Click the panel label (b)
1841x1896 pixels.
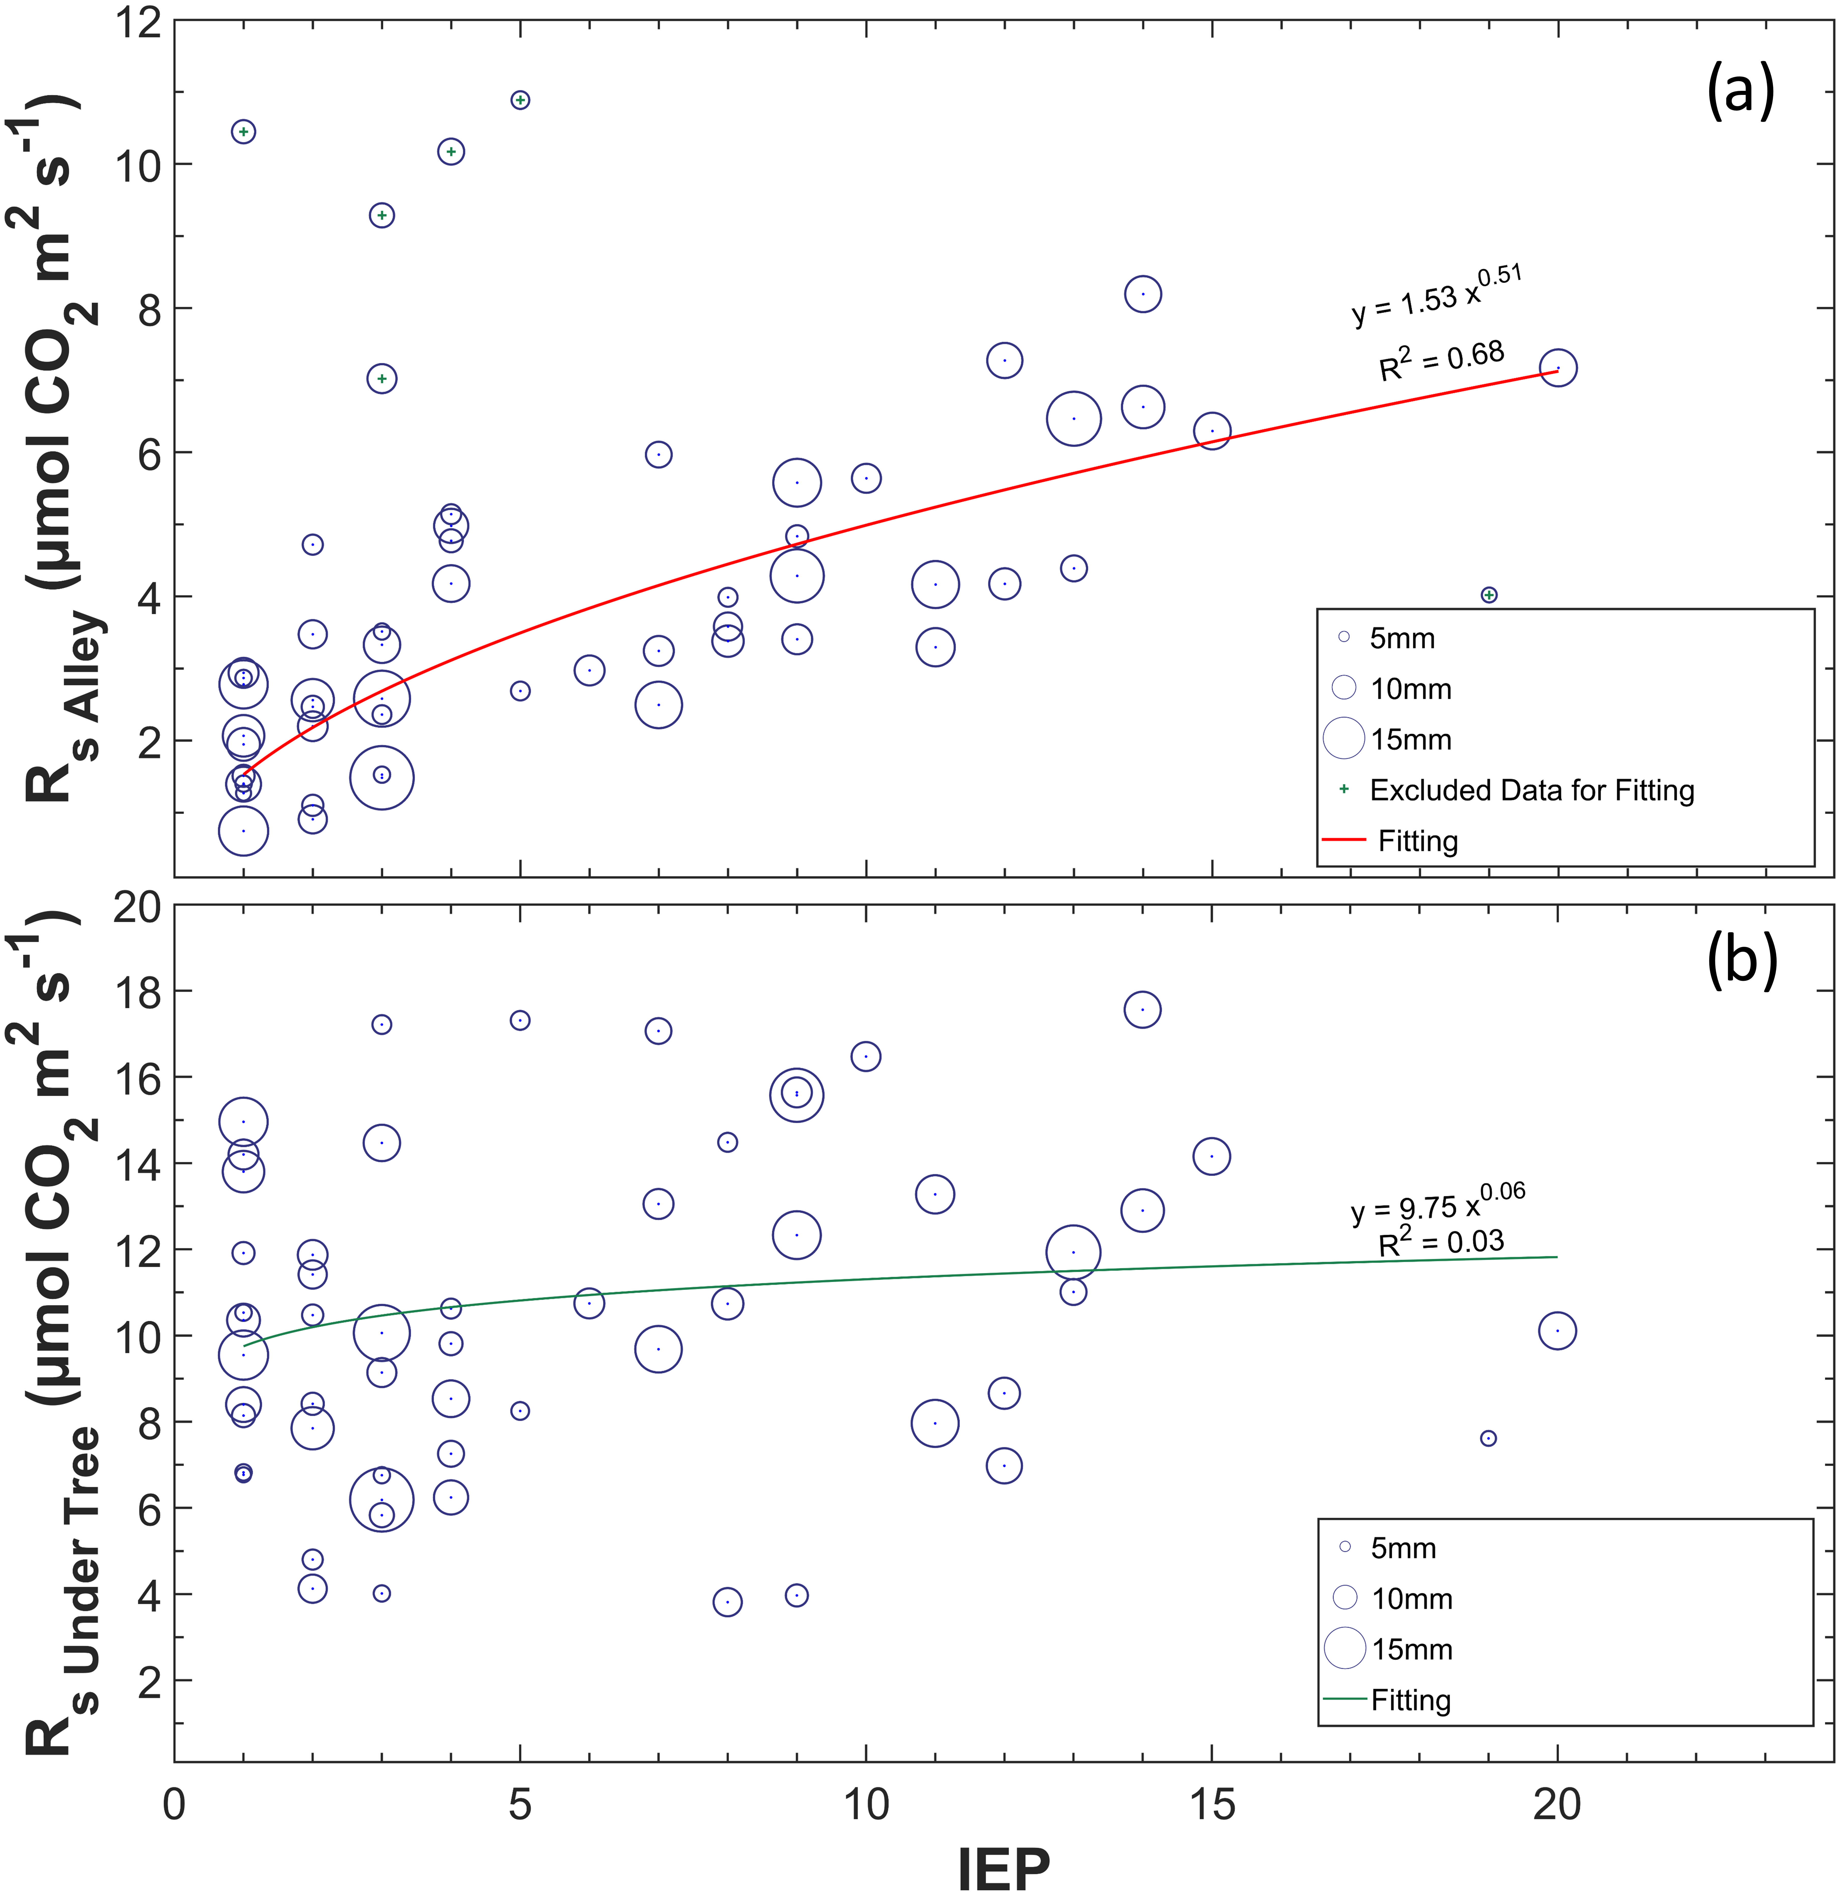[1741, 963]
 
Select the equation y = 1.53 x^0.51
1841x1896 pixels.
[1437, 296]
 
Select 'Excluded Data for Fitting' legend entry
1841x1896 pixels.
[1531, 790]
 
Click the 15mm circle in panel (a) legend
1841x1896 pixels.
[1344, 738]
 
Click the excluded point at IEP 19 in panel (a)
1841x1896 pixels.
[1489, 595]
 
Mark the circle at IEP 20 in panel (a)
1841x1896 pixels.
[1558, 368]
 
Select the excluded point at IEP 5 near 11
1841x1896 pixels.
[520, 100]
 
